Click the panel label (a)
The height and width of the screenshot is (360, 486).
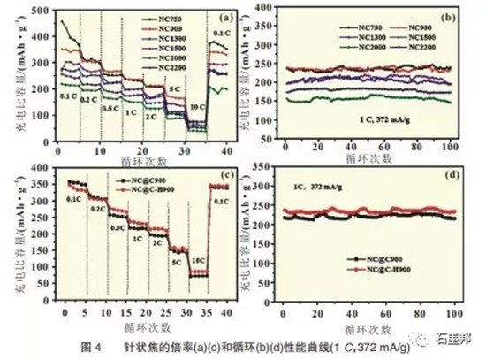pyautogui.click(x=224, y=16)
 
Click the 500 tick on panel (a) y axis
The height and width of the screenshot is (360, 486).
pyautogui.click(x=43, y=9)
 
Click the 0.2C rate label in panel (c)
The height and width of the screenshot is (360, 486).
pyautogui.click(x=96, y=209)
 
